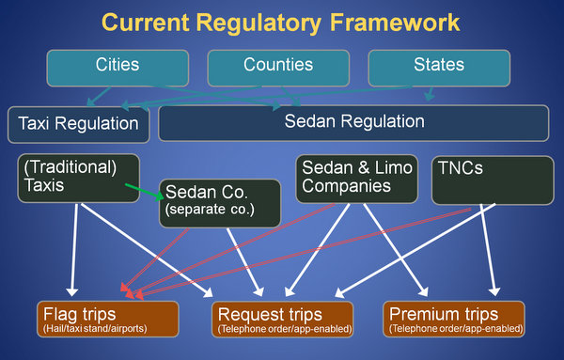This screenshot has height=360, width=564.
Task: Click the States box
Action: pos(438,66)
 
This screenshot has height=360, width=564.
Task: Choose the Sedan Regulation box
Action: pos(353,122)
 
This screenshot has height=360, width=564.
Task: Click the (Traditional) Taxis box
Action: pos(78,177)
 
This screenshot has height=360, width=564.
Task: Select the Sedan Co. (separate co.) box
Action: pos(219,201)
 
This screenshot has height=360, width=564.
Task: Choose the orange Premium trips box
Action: pos(453,320)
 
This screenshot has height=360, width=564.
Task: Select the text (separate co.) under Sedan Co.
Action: pos(210,210)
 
